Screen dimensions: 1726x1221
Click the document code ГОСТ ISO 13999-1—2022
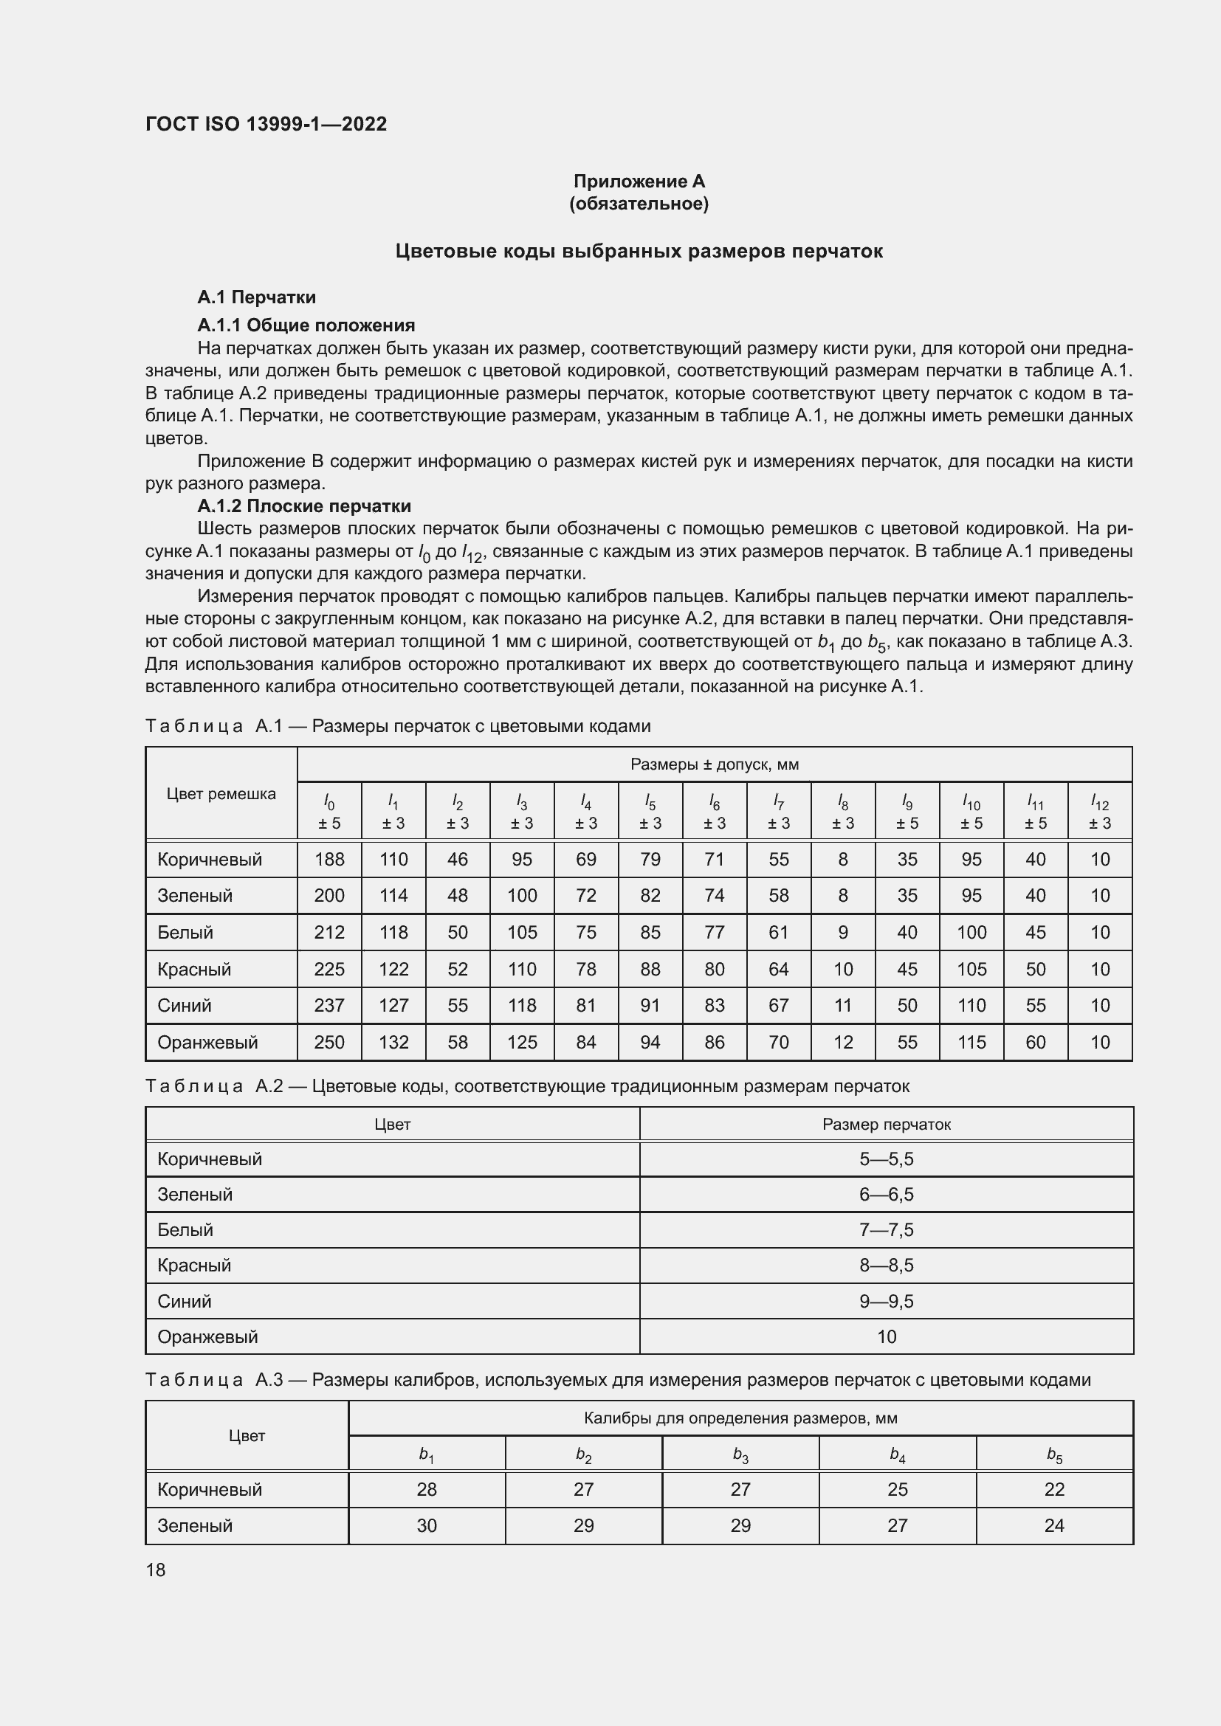pos(266,124)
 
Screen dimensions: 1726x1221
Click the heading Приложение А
pos(639,182)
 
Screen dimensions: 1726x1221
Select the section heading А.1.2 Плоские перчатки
pos(303,506)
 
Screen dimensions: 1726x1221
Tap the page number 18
pos(156,1570)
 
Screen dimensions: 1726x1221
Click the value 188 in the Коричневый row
pos(329,859)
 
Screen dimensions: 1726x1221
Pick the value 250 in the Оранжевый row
pos(329,1042)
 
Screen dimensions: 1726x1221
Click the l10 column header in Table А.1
pos(971,812)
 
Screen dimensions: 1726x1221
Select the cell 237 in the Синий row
pos(329,1005)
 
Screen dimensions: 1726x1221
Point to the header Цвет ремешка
pos(221,794)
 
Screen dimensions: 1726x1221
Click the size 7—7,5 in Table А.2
pos(887,1230)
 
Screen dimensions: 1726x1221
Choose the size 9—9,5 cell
pos(887,1301)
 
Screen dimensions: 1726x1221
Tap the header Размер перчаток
pos(887,1125)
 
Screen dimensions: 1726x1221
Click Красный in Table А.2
pos(194,1266)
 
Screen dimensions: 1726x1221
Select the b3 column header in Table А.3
pos(740,1453)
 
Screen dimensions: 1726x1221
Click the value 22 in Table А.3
pos(1054,1489)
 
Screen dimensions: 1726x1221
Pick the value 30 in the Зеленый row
pos(426,1525)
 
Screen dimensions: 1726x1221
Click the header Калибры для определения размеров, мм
pos(740,1418)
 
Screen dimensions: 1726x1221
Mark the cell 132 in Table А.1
pos(393,1042)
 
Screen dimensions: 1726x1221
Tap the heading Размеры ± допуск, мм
pos(715,764)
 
